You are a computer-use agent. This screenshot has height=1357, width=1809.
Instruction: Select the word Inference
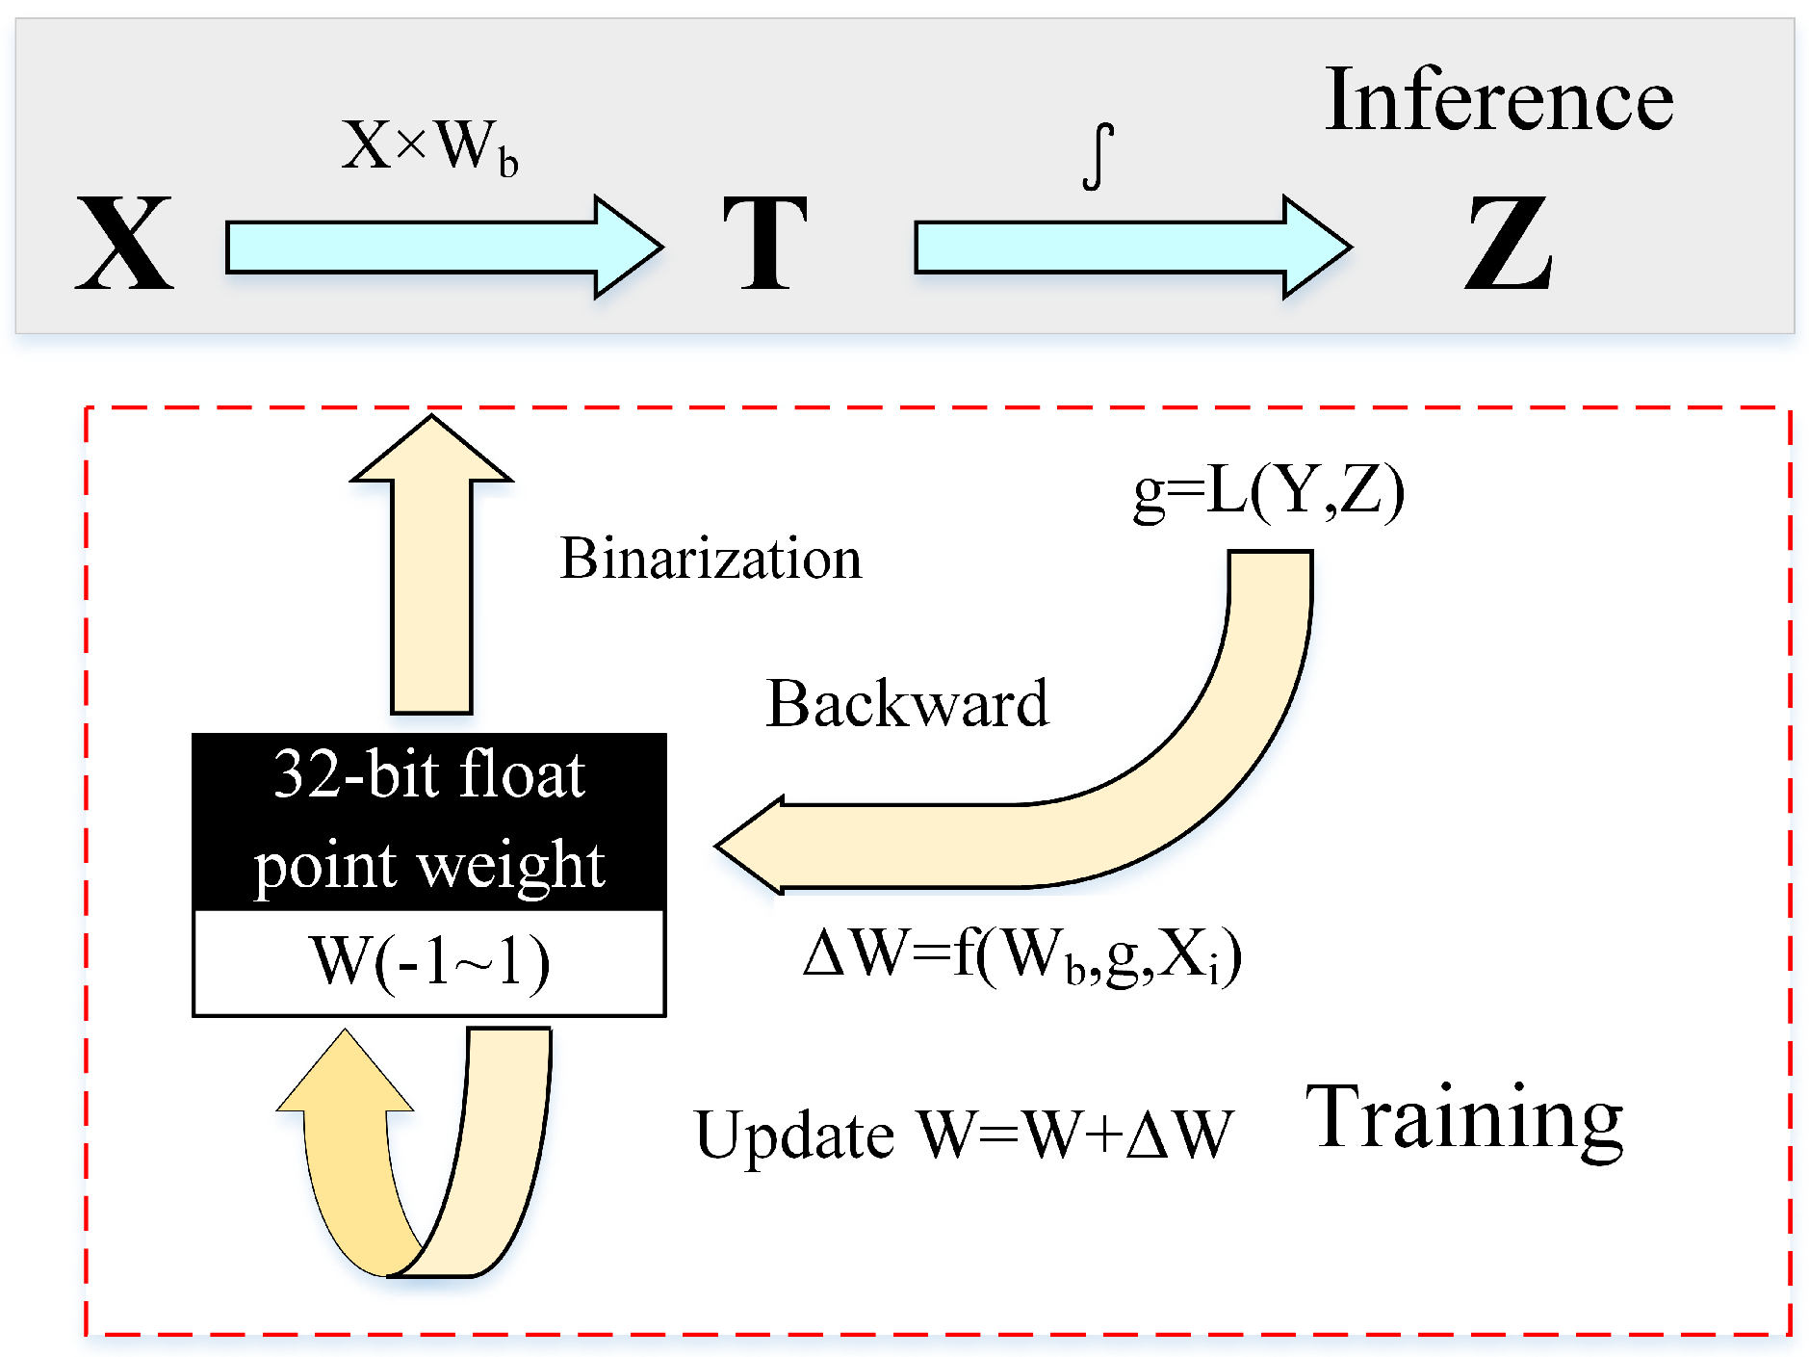coord(1499,100)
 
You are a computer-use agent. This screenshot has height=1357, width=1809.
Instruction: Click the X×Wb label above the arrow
coord(429,146)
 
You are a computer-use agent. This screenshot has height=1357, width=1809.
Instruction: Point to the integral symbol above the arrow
coord(1098,156)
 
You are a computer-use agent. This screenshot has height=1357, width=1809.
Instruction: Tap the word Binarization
coord(711,559)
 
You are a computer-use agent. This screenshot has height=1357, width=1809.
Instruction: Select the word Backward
coord(907,704)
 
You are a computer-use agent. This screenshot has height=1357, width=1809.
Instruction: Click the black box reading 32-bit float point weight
coord(429,821)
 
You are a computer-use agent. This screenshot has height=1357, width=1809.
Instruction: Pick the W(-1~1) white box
coord(429,962)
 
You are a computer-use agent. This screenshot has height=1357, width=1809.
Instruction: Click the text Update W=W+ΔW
coord(963,1135)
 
